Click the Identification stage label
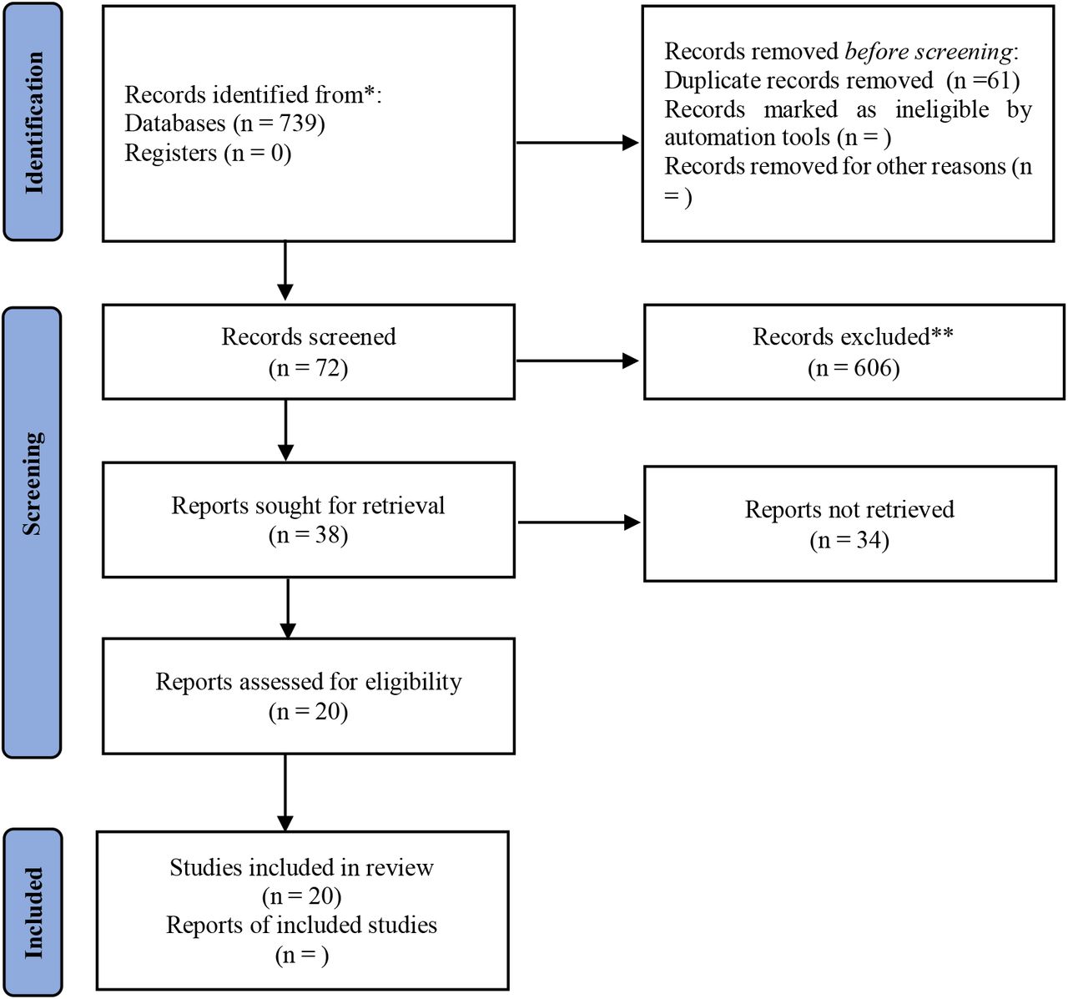33,122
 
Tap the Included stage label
33,913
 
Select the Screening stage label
33,483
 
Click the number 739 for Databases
297,124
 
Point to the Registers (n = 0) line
208,153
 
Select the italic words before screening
929,52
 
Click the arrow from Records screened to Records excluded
577,361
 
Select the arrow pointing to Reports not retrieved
578,522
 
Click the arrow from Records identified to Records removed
577,143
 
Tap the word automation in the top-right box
747,138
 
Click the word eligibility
413,682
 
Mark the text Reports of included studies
301,925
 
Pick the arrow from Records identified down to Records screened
285,270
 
